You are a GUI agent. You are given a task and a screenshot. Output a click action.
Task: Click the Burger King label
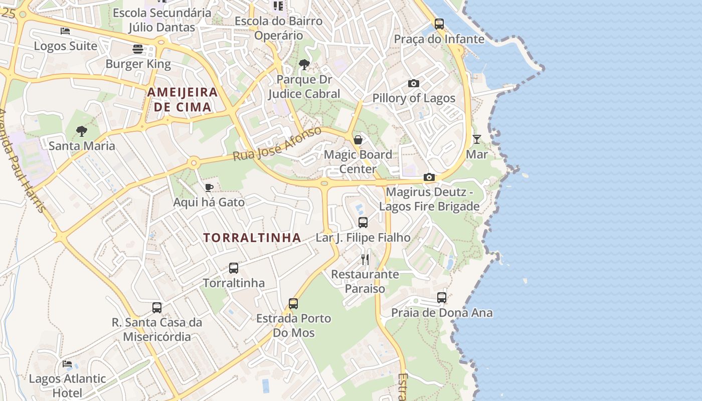(138, 64)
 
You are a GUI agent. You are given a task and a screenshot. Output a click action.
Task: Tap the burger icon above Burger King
(138, 49)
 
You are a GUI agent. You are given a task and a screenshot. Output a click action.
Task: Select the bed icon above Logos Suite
(65, 31)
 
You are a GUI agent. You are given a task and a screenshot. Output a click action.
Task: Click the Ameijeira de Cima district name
(183, 99)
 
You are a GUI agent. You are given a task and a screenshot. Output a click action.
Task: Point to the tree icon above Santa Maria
(82, 131)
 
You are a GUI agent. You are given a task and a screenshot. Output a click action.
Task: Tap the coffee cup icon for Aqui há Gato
(209, 187)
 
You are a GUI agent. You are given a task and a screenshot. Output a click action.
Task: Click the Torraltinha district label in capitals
(252, 238)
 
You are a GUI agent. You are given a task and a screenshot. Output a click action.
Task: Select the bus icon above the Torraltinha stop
(234, 268)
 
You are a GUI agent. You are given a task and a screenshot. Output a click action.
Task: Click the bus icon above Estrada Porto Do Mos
(293, 304)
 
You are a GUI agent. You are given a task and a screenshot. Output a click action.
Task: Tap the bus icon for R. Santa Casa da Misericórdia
(157, 307)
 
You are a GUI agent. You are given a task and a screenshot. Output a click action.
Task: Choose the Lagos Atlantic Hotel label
(67, 385)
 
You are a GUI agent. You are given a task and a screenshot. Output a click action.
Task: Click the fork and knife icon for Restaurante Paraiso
(365, 259)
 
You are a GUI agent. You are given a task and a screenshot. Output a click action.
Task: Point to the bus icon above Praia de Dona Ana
(442, 298)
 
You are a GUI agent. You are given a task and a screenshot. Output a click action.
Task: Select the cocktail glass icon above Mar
(477, 139)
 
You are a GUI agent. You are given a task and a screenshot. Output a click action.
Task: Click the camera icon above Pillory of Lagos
(414, 83)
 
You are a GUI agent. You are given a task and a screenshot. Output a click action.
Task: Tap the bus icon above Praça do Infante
(439, 24)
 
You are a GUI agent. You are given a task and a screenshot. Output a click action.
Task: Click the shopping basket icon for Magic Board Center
(358, 139)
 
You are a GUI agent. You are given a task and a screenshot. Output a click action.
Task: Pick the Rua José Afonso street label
(277, 144)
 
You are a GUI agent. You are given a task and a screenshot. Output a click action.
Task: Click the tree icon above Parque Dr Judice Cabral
(304, 64)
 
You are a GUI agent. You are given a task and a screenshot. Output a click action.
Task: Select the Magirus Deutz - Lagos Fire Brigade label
(429, 199)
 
